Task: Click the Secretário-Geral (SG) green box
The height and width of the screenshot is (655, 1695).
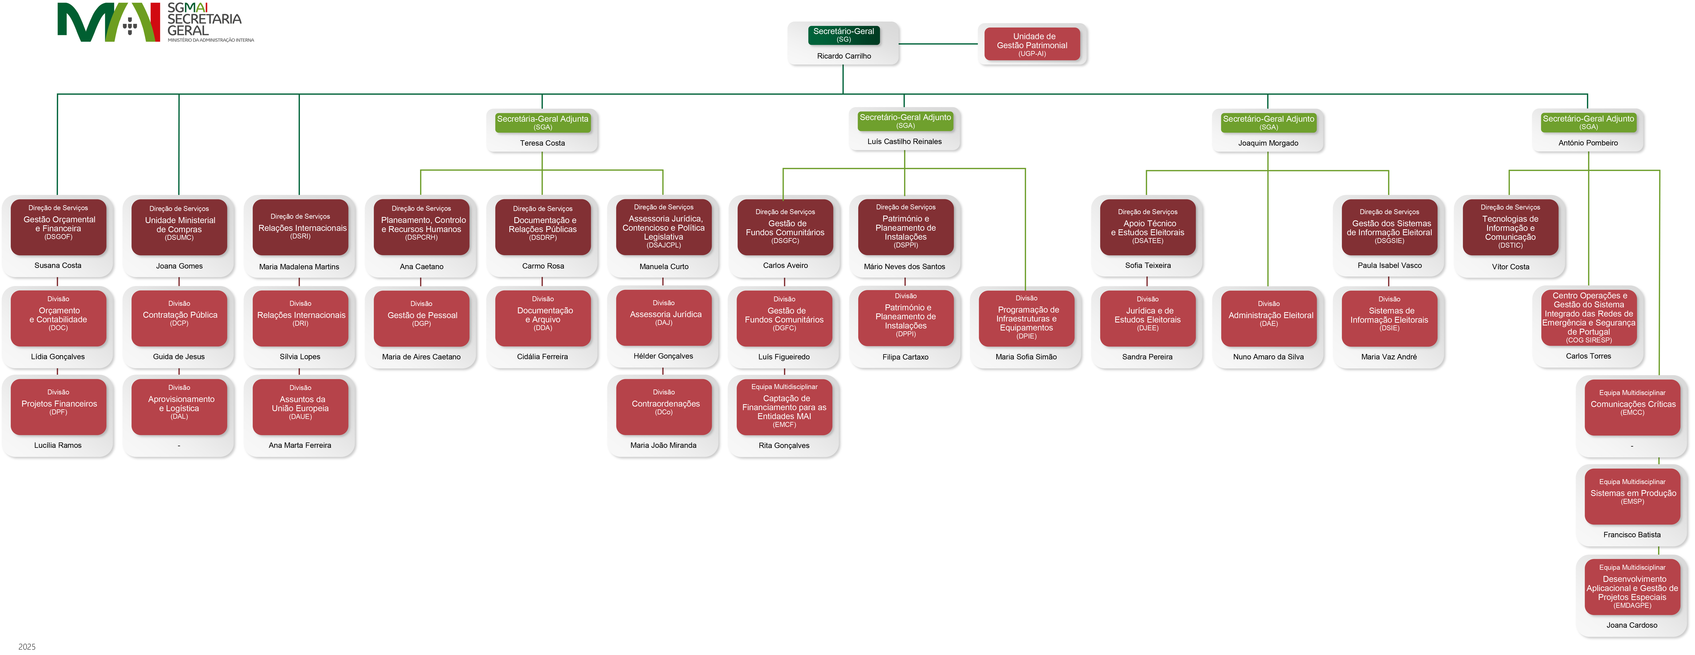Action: [x=844, y=35]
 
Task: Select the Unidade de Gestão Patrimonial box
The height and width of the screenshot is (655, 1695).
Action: [x=1032, y=44]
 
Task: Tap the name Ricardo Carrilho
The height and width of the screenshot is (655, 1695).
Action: [x=844, y=56]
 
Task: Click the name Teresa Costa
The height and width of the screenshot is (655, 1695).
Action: [x=542, y=143]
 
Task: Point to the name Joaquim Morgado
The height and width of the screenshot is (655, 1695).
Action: [x=1268, y=143]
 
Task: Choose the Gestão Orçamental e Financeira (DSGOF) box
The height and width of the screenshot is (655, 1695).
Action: [x=59, y=227]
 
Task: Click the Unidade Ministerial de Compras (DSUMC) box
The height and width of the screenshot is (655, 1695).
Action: [x=179, y=227]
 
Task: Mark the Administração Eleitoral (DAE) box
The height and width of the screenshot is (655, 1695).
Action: [x=1269, y=318]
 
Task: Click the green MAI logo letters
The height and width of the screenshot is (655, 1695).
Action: [x=109, y=22]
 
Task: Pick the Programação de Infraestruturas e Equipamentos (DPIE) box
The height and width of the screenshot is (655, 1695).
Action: [x=1026, y=318]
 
